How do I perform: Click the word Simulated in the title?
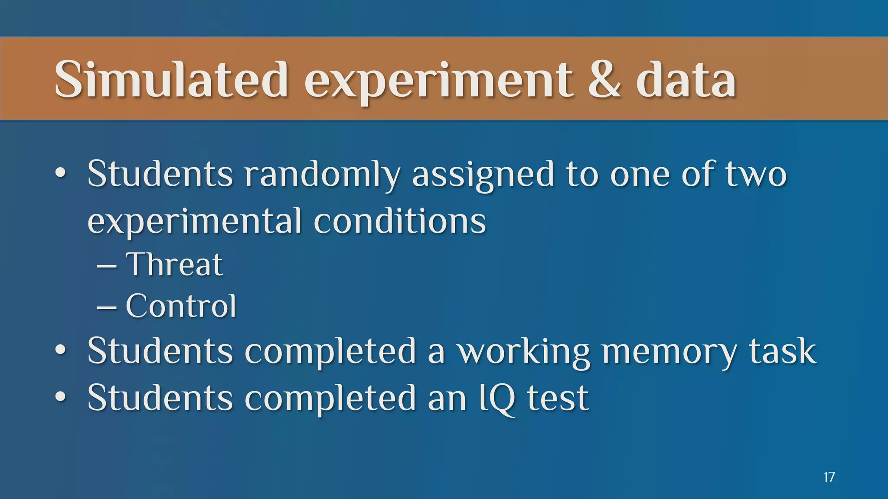pyautogui.click(x=171, y=80)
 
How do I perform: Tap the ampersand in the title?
pyautogui.click(x=604, y=80)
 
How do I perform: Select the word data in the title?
pyautogui.click(x=686, y=81)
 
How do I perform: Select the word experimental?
pyautogui.click(x=194, y=222)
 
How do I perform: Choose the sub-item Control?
pyautogui.click(x=181, y=306)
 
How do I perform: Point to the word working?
pyautogui.click(x=523, y=352)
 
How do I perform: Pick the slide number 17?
pyautogui.click(x=829, y=477)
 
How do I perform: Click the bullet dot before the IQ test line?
pyautogui.click(x=61, y=397)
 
